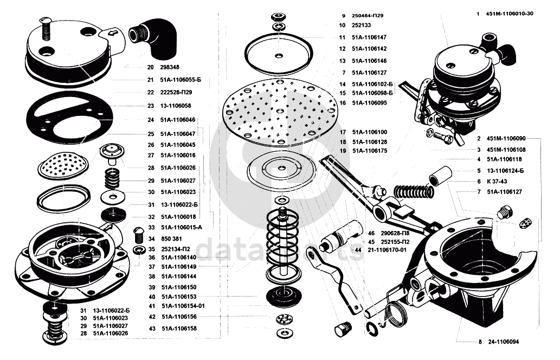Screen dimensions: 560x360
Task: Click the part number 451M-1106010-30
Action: point(510,13)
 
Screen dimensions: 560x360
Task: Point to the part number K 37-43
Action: point(495,181)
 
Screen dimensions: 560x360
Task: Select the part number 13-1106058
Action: point(175,106)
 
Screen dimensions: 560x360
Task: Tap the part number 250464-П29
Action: point(370,16)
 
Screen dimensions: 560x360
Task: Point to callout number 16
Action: point(343,102)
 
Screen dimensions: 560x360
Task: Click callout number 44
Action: point(358,249)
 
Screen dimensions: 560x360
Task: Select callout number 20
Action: point(150,68)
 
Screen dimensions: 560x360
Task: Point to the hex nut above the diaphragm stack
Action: point(279,15)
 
